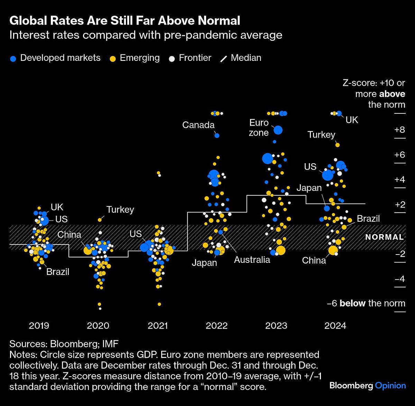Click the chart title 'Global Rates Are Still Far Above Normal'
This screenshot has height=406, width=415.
coord(125,21)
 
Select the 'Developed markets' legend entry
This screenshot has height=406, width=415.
coord(55,58)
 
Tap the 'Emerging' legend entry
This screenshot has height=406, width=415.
coord(135,58)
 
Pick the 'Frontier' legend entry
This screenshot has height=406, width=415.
coord(190,58)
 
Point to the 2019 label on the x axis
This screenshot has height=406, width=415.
coord(39,325)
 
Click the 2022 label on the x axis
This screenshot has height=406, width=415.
coord(216,325)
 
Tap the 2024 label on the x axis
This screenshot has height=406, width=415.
coord(335,325)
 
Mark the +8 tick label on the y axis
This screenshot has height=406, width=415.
coord(399,130)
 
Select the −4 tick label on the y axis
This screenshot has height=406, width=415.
coord(399,279)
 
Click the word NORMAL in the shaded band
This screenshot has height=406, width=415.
coord(385,237)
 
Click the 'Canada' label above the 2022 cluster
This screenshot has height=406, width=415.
coord(198,125)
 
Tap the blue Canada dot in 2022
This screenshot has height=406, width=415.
coord(217,136)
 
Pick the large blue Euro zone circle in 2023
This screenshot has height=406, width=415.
coord(278,130)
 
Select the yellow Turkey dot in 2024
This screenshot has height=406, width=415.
coord(338,145)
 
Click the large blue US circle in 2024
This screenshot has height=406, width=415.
coord(328,175)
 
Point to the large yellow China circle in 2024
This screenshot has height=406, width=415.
coord(333,250)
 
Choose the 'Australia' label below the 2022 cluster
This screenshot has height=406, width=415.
coord(252,260)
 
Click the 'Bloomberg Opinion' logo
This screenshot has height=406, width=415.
coord(368,386)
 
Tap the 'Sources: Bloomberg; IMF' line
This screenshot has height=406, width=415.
coord(64,344)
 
